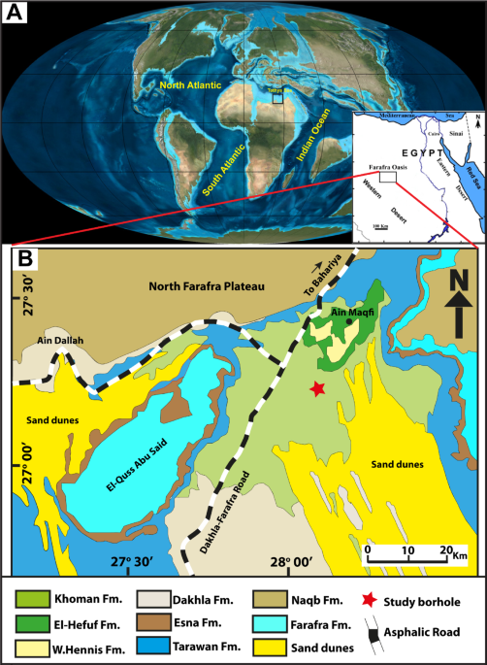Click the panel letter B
pyautogui.click(x=26, y=261)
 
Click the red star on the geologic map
pyautogui.click(x=316, y=389)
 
